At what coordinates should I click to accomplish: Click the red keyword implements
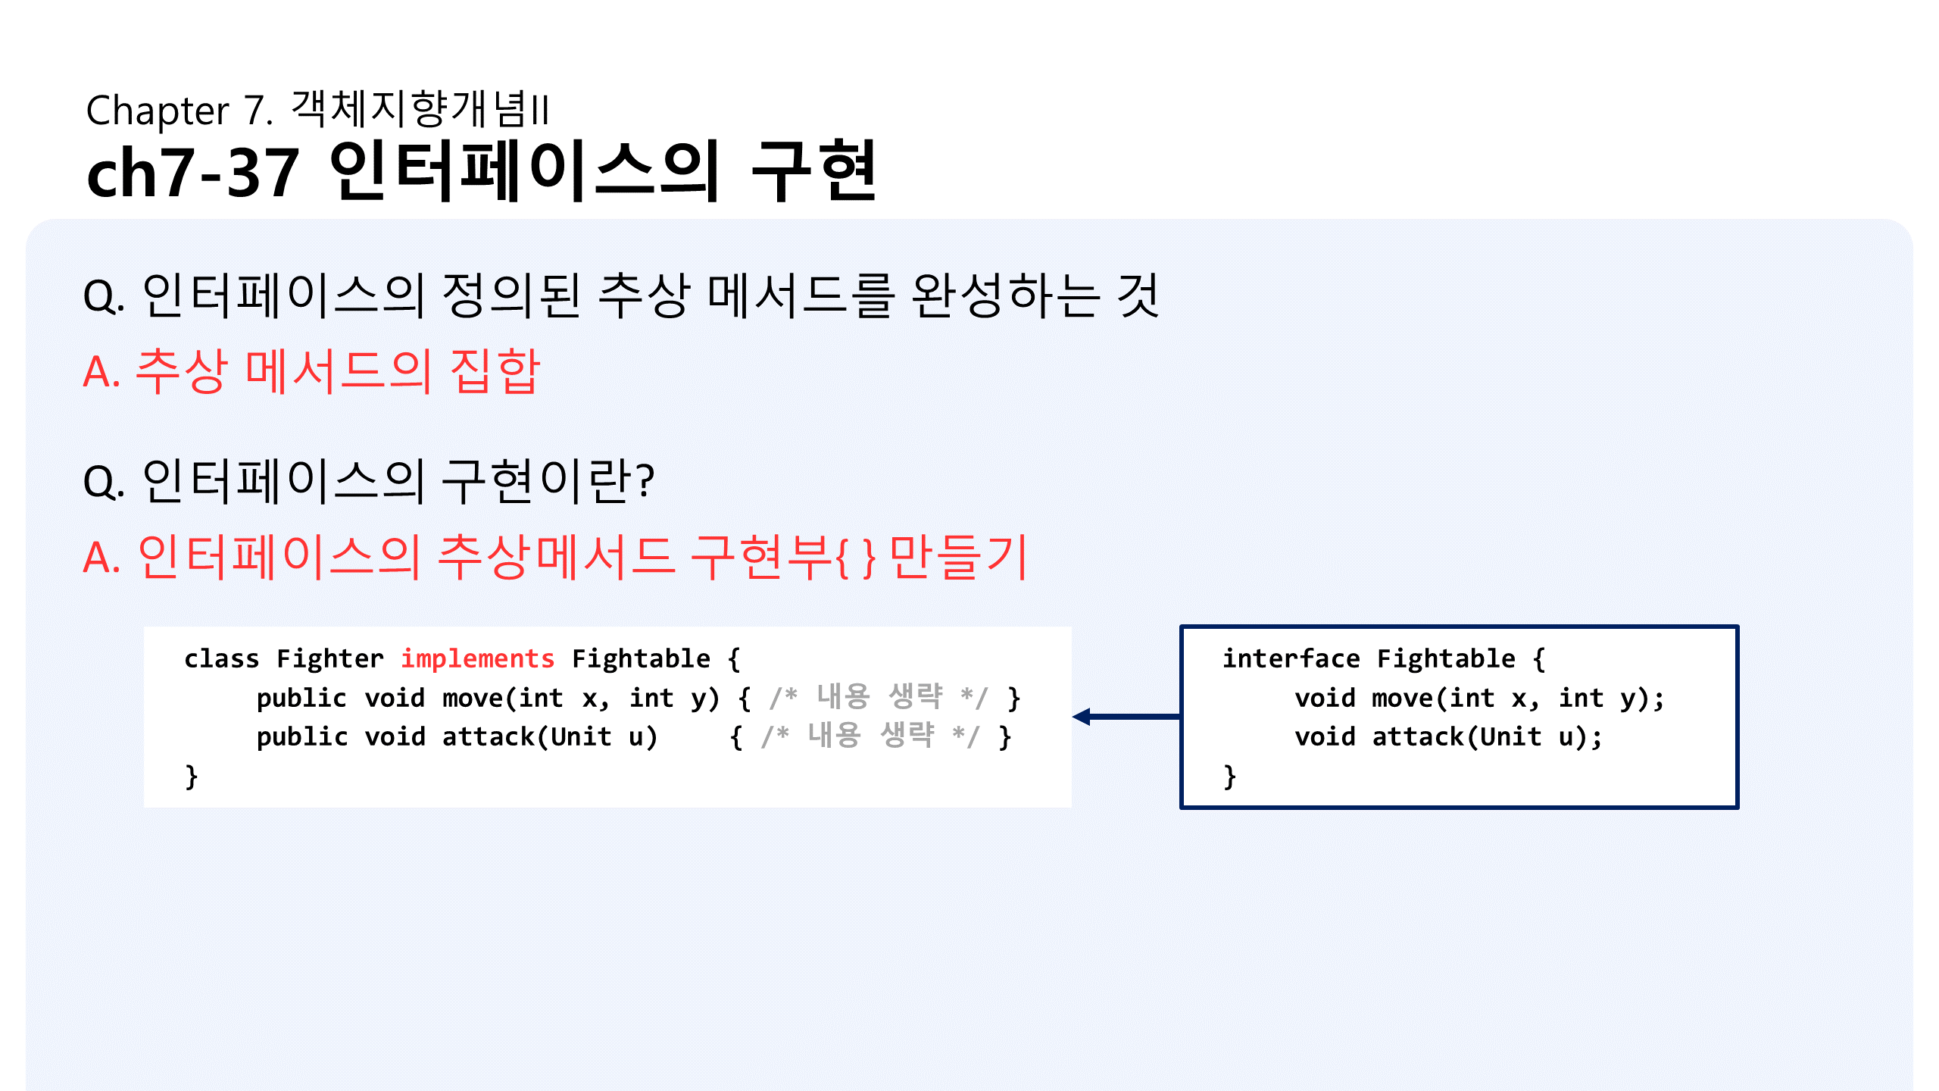[x=477, y=659]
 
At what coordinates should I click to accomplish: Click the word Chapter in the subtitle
[x=157, y=111]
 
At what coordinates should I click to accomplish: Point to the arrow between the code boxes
[x=1126, y=716]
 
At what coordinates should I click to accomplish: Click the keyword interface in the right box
[x=1291, y=659]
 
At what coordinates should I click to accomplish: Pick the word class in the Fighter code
[x=221, y=659]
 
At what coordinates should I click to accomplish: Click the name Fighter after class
[x=329, y=659]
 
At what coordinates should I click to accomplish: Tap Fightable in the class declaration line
[x=641, y=659]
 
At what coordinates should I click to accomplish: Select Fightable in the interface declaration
[x=1446, y=659]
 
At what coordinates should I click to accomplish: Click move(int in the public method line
[x=502, y=698]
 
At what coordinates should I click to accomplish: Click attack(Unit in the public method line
[x=526, y=737]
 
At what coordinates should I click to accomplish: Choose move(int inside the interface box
[x=1432, y=698]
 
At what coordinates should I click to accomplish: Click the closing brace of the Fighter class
[x=192, y=777]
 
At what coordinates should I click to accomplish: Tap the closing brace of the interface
[x=1229, y=777]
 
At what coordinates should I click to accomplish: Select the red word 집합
[x=495, y=371]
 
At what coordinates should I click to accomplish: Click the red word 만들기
[x=958, y=557]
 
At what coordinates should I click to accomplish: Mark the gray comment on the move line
[x=879, y=697]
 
